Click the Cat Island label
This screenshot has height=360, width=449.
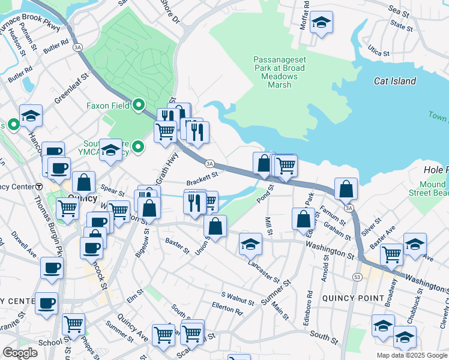click(x=394, y=81)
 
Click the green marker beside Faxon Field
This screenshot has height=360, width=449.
click(x=139, y=106)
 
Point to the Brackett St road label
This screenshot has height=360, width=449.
click(x=201, y=175)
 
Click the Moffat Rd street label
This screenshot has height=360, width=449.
click(x=306, y=11)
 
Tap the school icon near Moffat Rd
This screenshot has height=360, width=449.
click(x=321, y=23)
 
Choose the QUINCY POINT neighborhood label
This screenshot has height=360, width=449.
click(x=353, y=298)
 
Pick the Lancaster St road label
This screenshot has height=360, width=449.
click(x=264, y=271)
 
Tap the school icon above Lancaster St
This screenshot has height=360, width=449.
click(x=250, y=244)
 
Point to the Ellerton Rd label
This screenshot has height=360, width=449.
click(x=227, y=311)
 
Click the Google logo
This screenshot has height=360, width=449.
click(x=20, y=353)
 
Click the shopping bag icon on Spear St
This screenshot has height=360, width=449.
click(x=84, y=183)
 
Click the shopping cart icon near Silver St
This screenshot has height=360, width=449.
click(x=391, y=254)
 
